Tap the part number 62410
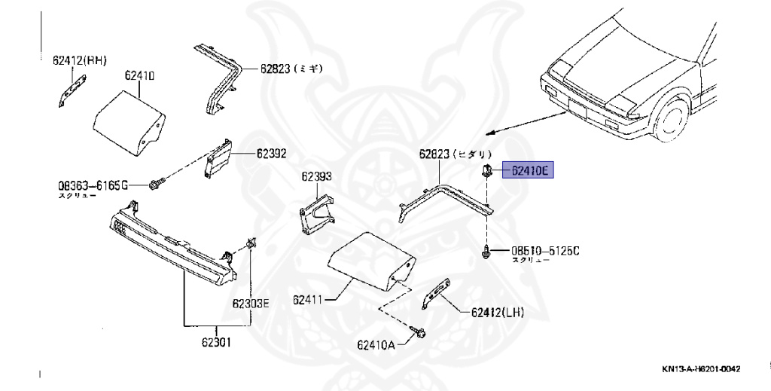pos(139,76)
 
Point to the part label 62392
pos(271,154)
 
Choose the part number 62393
pos(317,177)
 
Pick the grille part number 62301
pos(215,342)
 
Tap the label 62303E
pos(250,304)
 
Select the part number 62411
pos(309,299)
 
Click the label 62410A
pos(376,345)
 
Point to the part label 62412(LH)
pos(498,312)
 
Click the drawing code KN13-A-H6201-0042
pos(701,369)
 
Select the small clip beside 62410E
pos(488,170)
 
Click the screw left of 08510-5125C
pos(487,252)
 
